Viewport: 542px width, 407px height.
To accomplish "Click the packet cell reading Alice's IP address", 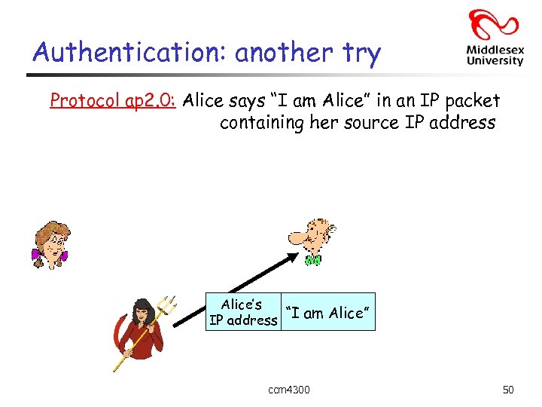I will [x=242, y=313].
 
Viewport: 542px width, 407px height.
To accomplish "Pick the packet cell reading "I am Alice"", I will [x=327, y=313].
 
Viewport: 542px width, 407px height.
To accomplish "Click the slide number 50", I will [x=508, y=390].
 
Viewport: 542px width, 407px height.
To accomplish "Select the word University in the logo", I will [x=495, y=61].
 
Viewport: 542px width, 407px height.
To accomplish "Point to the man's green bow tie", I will [x=313, y=261].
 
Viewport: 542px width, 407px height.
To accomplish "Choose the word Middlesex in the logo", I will [x=495, y=50].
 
